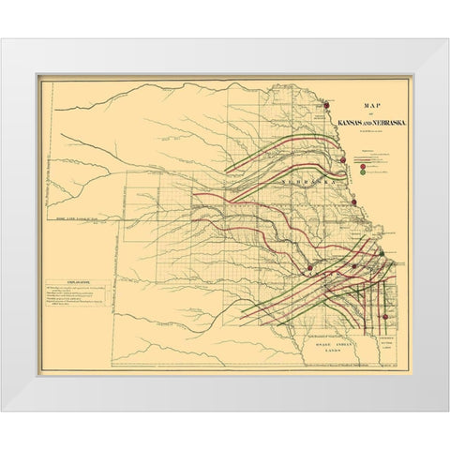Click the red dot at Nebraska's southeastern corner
[354, 202]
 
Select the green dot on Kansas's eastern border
[382, 252]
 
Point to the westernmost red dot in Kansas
[309, 268]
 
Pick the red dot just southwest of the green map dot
[353, 266]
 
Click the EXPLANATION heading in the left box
[67, 279]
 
